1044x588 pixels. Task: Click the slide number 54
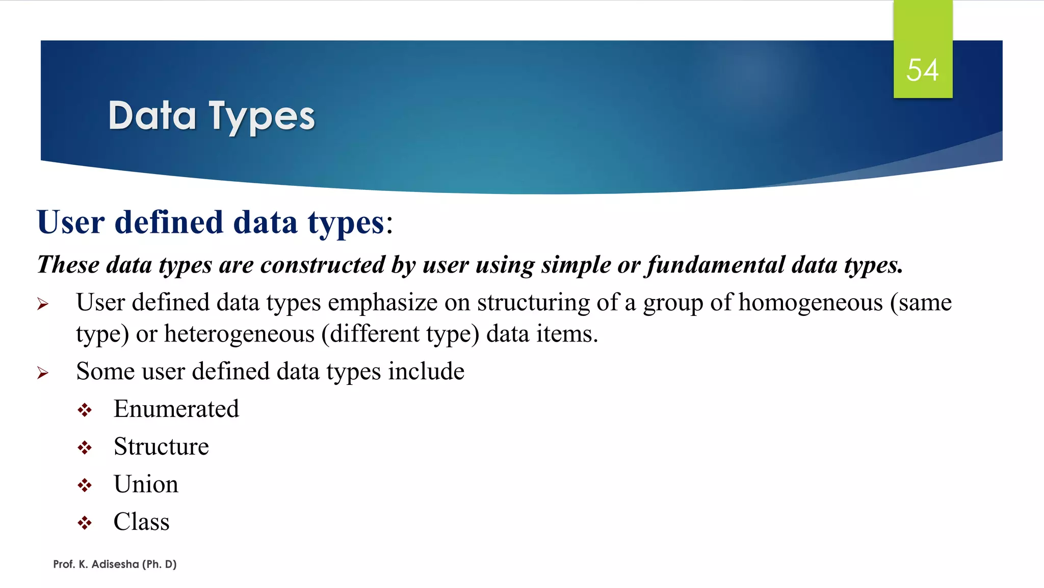point(922,70)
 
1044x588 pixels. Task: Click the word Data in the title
point(152,116)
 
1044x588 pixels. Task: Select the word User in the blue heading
point(71,223)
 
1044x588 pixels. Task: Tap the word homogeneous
point(811,302)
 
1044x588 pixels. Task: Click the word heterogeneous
point(239,334)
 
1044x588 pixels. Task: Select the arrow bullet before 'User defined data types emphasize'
point(43,305)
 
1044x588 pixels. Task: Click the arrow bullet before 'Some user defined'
point(43,373)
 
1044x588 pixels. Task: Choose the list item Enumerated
point(176,409)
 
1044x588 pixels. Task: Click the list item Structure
point(161,447)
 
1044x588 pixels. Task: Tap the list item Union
point(146,484)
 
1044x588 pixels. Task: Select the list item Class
point(141,522)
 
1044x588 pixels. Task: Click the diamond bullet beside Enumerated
point(85,410)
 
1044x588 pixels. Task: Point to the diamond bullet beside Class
point(85,523)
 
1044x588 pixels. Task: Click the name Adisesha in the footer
point(115,564)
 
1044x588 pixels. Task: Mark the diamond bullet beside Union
point(85,485)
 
